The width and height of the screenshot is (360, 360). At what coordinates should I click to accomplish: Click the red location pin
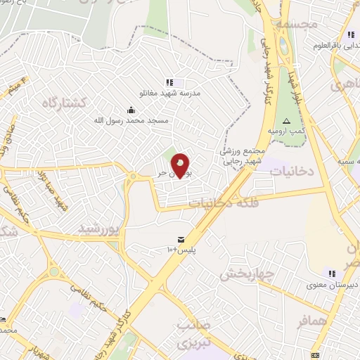coord(181,165)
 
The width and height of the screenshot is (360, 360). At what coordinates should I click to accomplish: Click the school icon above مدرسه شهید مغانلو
coord(169,82)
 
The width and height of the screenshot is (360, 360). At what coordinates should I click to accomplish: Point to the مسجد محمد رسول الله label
coord(132,120)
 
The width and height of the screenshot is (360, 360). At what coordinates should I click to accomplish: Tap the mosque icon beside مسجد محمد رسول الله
coord(131,109)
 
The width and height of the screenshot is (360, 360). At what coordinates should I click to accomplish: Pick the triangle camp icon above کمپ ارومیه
coord(286,121)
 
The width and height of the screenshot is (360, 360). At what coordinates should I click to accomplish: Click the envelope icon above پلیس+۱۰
coord(182,240)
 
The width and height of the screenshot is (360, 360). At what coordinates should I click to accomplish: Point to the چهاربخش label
coord(245,274)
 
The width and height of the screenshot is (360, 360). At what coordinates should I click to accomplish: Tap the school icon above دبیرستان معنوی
coord(331,273)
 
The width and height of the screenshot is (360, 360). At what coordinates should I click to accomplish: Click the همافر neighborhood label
coord(314,321)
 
